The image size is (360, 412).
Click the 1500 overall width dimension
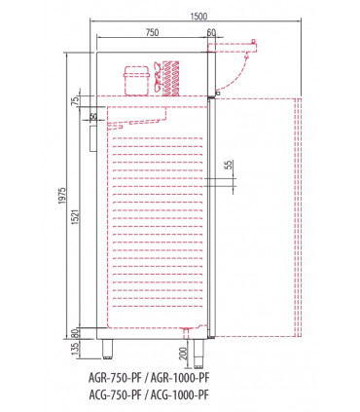click(x=199, y=15)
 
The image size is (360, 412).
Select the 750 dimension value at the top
click(x=152, y=32)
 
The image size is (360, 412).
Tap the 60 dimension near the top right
click(x=212, y=32)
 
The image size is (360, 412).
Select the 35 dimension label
click(x=92, y=118)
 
